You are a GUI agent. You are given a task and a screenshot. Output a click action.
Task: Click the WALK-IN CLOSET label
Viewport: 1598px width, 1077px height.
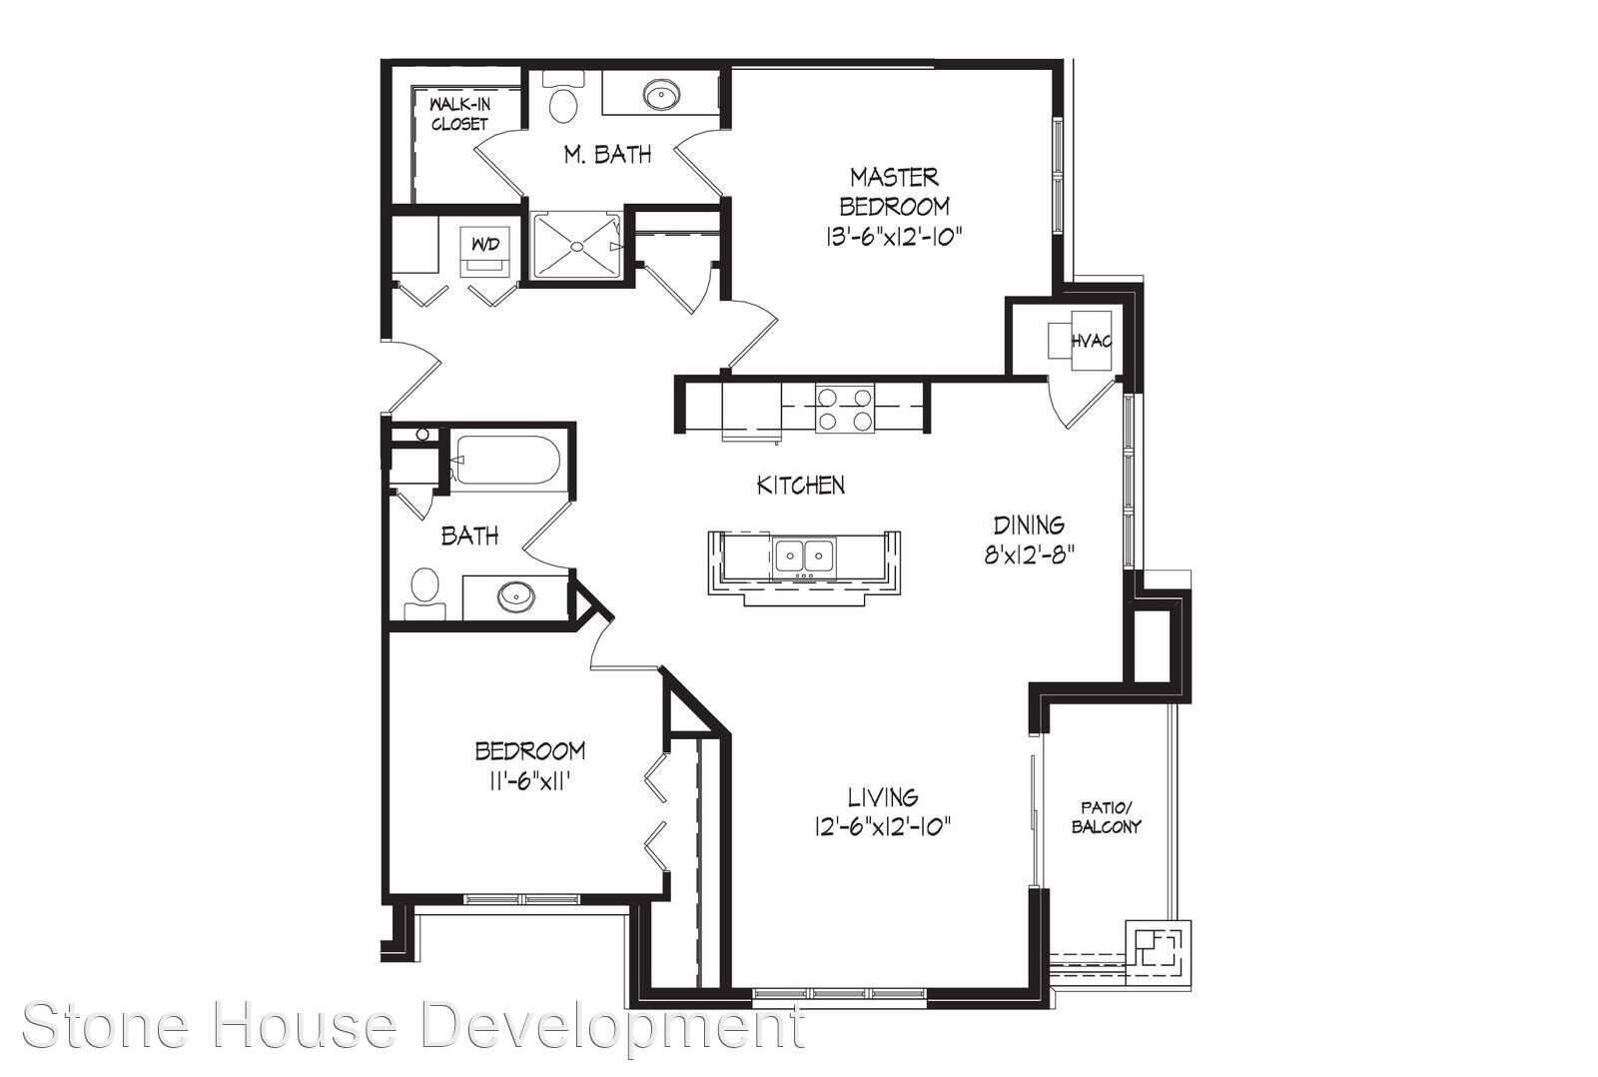459,114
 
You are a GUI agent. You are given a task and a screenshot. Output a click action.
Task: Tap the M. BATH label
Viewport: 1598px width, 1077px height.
607,154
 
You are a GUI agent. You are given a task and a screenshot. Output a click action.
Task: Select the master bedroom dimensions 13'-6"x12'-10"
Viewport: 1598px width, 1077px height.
894,236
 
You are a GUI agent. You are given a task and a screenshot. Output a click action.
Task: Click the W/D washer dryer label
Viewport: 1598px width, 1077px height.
485,244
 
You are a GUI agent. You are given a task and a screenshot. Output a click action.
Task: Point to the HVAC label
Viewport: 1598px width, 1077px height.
1092,341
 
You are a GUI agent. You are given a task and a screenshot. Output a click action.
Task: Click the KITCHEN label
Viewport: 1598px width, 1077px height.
800,486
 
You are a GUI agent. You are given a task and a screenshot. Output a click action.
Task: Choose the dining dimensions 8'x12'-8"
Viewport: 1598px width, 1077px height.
1030,554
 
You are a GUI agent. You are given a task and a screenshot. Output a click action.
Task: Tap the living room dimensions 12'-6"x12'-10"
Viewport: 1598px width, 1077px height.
883,826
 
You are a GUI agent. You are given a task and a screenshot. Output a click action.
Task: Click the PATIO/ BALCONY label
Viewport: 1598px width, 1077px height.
1107,817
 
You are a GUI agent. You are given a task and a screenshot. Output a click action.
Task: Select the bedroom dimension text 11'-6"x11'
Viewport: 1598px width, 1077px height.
530,781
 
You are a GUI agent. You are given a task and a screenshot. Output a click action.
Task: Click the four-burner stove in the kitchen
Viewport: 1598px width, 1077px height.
845,409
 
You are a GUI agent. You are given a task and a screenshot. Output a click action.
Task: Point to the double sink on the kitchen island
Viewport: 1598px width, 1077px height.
805,556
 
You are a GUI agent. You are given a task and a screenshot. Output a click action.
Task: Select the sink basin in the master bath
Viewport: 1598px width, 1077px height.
661,94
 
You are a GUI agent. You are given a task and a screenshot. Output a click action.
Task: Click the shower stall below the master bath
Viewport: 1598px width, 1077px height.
577,245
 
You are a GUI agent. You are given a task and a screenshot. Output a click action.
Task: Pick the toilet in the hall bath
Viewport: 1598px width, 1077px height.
425,593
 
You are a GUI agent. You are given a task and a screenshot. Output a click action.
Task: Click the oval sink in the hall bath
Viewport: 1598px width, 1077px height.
515,596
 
